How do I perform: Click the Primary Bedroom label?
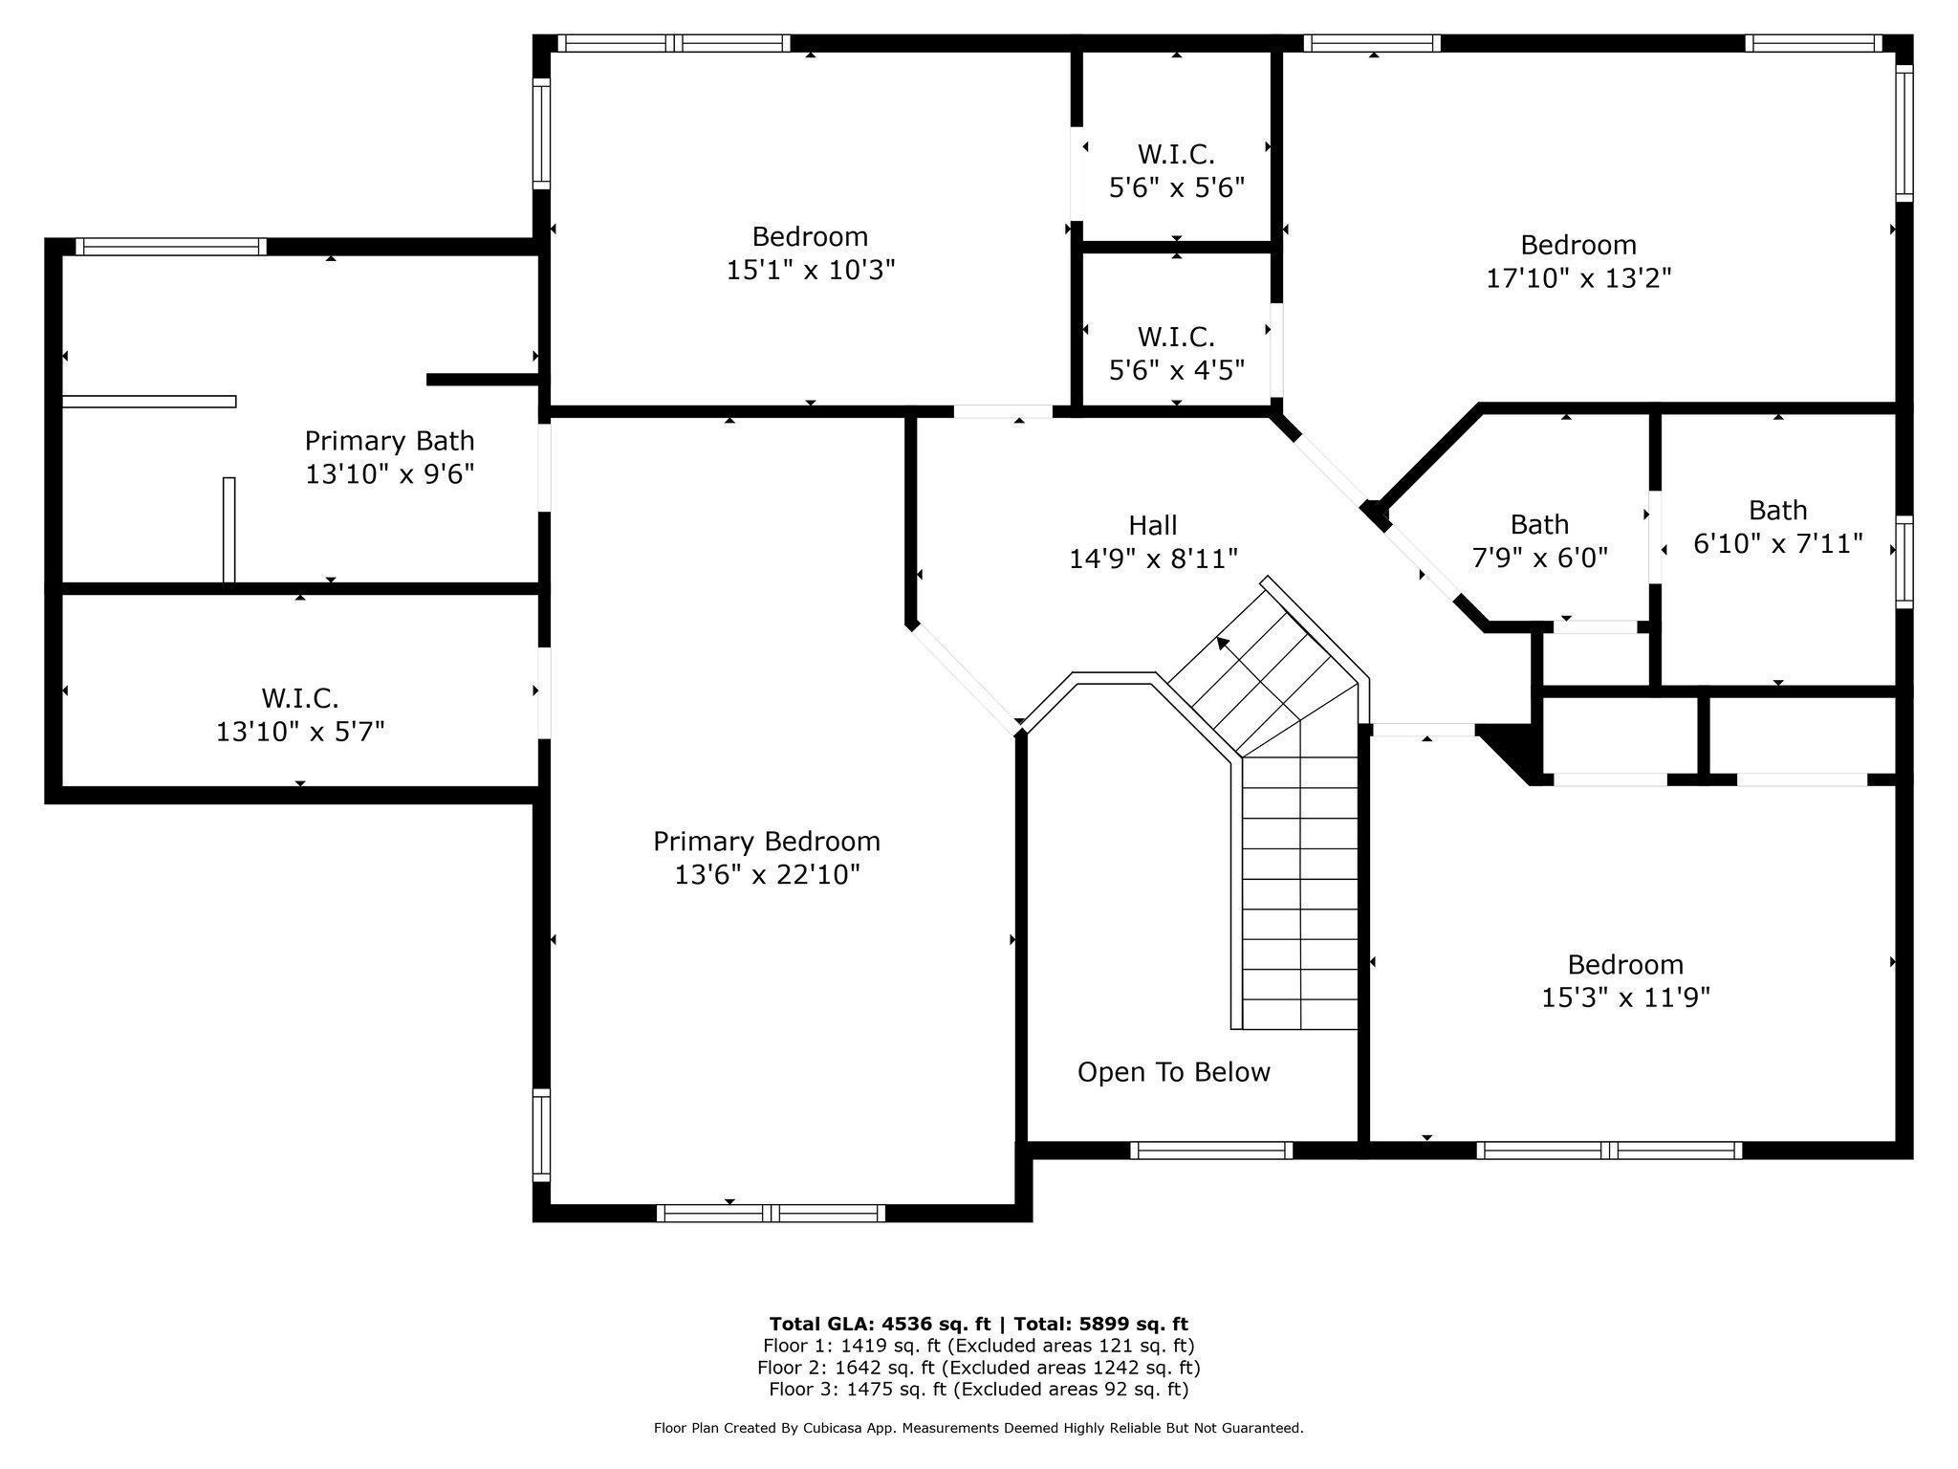click(766, 842)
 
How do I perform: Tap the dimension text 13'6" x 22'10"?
click(767, 875)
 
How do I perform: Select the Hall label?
click(1152, 525)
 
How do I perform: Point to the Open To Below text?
click(1173, 1072)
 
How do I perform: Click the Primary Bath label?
click(389, 441)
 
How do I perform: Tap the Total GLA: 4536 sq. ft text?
click(879, 1324)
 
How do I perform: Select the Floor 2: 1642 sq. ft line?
click(978, 1368)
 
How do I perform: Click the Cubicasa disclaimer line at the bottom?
click(978, 1428)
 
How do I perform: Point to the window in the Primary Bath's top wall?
click(171, 247)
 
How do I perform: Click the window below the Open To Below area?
click(1211, 1151)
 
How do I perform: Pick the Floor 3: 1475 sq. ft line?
click(978, 1389)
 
